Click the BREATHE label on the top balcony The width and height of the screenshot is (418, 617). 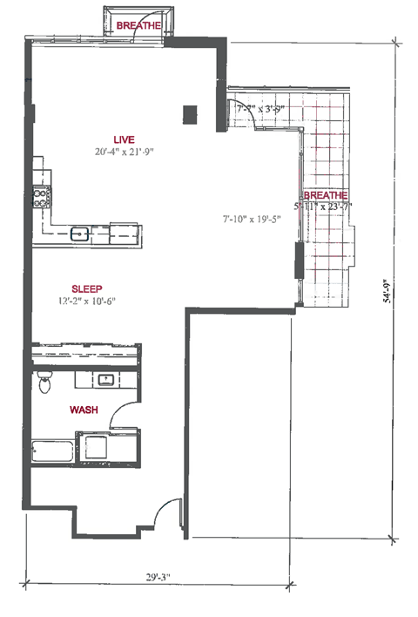tap(138, 26)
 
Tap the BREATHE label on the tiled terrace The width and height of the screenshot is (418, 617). tap(325, 195)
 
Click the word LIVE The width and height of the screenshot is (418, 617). tap(124, 139)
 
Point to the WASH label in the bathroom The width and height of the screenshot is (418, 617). tap(84, 409)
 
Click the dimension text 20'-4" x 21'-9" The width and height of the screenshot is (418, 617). tap(125, 153)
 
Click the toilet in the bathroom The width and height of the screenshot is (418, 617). tap(44, 382)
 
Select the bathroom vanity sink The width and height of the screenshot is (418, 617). tap(105, 380)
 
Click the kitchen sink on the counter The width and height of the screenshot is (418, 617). tap(79, 233)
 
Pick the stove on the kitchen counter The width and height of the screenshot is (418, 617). tap(39, 198)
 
